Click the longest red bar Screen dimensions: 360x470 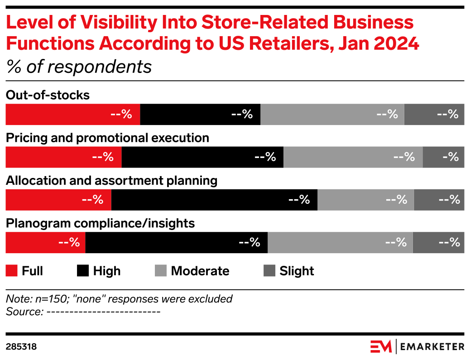[72, 115]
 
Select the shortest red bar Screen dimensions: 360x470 [45, 243]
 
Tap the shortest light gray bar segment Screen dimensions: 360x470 [365, 200]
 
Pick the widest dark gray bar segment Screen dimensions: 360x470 [434, 115]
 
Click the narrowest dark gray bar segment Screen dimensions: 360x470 [443, 157]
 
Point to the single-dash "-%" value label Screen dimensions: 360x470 [451, 157]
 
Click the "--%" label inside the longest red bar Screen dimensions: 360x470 [121, 115]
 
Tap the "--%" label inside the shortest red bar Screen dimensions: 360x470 [69, 243]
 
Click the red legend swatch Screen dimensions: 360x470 [11, 271]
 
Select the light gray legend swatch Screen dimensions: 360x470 [161, 271]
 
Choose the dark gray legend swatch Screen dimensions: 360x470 [269, 271]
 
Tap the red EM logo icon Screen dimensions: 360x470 [382, 346]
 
